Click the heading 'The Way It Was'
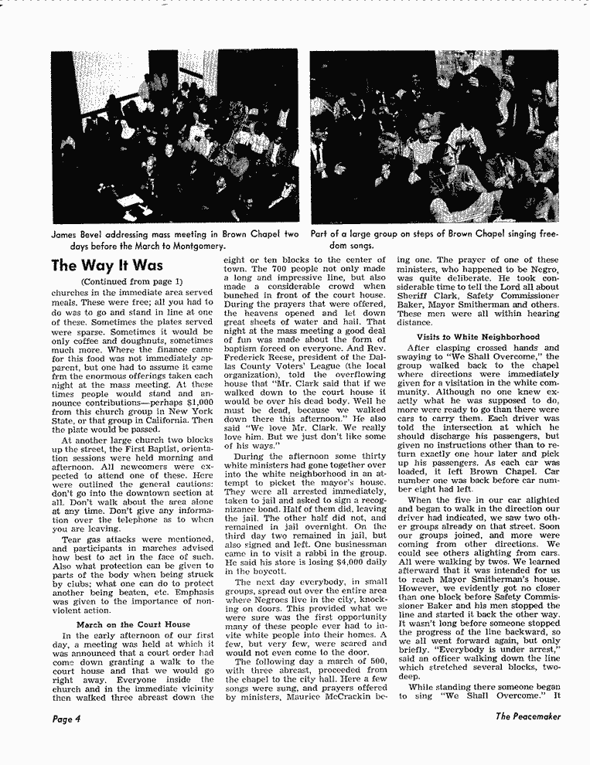pyautogui.click(x=107, y=266)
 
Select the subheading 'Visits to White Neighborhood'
pyautogui.click(x=478, y=337)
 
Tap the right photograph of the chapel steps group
pyautogui.click(x=435, y=136)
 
